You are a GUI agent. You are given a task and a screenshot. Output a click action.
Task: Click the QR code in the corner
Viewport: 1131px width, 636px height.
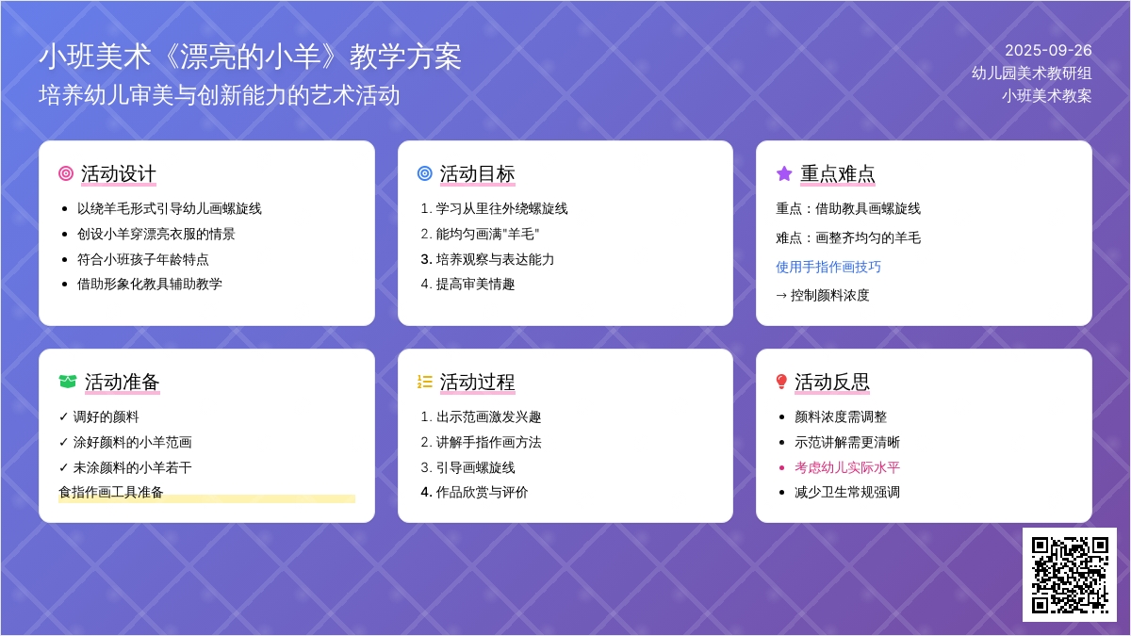[1070, 575]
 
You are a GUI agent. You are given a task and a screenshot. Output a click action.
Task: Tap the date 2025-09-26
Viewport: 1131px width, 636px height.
[1048, 51]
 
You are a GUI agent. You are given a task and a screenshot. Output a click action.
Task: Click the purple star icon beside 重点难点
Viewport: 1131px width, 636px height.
[784, 173]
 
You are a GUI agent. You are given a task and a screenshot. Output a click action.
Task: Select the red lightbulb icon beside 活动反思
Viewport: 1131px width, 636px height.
[781, 382]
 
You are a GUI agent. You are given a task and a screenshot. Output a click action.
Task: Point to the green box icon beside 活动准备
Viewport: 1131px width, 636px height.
[68, 382]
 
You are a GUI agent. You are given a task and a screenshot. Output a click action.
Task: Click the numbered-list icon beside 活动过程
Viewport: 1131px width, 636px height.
[425, 382]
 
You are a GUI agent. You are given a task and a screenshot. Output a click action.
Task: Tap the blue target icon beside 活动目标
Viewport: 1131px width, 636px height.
[425, 173]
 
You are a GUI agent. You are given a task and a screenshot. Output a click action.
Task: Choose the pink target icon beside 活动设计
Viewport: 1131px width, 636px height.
[66, 173]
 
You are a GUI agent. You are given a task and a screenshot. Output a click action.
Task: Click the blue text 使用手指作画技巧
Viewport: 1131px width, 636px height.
[828, 267]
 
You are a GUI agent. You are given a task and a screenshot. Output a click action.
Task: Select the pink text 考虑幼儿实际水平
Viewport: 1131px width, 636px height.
[846, 467]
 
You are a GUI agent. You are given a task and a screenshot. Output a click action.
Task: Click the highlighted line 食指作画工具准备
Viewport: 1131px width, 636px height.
[111, 492]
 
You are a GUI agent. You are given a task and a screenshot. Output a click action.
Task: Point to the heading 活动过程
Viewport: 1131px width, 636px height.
[477, 383]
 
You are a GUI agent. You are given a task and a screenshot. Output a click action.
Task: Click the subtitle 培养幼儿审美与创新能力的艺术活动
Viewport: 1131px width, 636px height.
[219, 95]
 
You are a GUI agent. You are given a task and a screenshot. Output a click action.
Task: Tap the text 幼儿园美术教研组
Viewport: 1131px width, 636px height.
[1031, 73]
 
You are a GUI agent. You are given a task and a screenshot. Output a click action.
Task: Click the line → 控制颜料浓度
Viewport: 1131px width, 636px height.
[823, 295]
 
